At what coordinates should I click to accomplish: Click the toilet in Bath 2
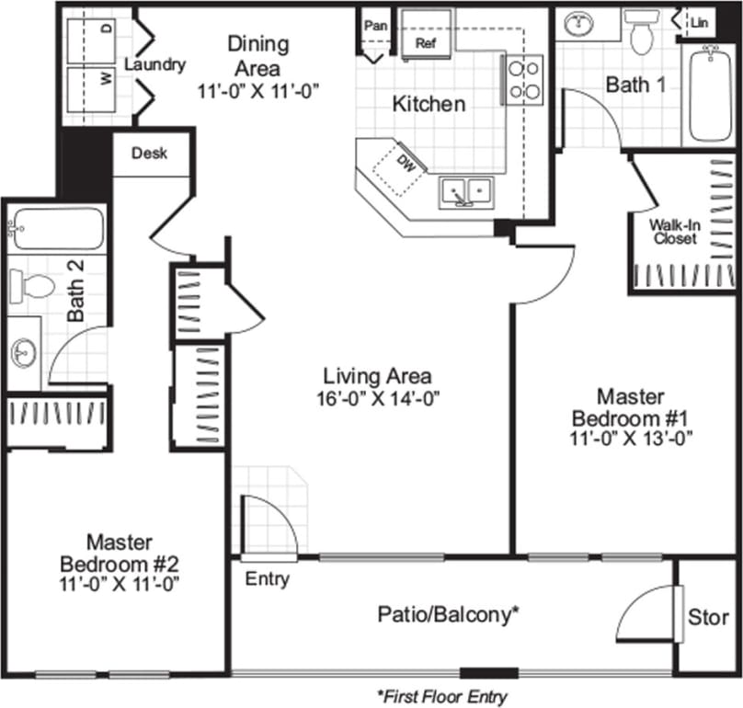[x=35, y=284]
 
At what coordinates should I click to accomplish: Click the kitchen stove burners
[x=524, y=78]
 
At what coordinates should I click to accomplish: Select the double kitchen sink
[x=467, y=191]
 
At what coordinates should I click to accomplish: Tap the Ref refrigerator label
[x=426, y=42]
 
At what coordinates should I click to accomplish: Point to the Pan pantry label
[x=375, y=25]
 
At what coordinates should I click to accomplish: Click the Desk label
[x=149, y=154]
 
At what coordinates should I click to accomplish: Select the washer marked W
[x=92, y=79]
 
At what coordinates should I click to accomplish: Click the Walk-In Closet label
[x=674, y=231]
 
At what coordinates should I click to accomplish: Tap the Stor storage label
[x=707, y=618]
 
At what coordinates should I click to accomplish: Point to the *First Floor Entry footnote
[x=441, y=696]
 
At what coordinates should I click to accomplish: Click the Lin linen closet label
[x=700, y=19]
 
